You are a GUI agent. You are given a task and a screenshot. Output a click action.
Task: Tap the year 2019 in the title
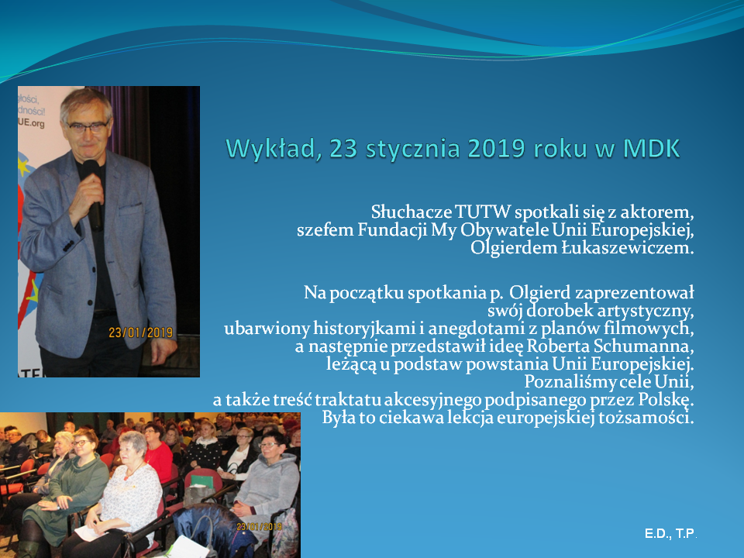[x=497, y=149]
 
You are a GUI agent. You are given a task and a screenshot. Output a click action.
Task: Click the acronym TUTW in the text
[x=483, y=212]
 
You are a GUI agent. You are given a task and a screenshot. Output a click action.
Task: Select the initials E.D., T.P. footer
[x=670, y=534]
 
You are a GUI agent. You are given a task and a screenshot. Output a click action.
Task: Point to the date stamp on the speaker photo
[x=140, y=332]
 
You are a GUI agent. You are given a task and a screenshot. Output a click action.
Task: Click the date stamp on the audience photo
[x=259, y=527]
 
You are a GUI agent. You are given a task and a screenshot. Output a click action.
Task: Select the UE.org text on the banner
[x=32, y=123]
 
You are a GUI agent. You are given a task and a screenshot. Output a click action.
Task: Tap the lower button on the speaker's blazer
[x=90, y=301]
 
